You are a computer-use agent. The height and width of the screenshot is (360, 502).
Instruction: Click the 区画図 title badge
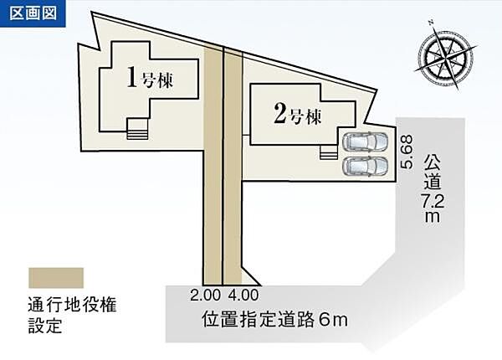33,13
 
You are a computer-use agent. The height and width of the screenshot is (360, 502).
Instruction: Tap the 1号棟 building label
150,79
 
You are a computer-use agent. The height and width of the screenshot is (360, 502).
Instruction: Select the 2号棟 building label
297,115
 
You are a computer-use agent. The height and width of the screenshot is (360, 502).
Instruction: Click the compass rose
445,57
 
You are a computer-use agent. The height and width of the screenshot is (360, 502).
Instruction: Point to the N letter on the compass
431,23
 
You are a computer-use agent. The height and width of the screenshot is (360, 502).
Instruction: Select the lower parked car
366,166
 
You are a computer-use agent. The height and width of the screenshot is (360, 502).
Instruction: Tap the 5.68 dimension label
407,152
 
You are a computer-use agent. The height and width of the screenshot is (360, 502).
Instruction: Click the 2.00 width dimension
205,295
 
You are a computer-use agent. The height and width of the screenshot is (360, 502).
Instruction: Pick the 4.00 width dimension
243,295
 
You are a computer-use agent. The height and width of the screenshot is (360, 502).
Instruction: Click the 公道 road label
432,173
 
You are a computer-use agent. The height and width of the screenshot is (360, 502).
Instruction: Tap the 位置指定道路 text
258,319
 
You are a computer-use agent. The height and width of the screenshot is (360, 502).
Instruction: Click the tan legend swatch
56,278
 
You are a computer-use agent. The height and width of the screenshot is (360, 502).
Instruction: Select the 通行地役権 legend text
72,305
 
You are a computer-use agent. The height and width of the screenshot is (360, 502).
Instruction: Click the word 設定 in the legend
45,325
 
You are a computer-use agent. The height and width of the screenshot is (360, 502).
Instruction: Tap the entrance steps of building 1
137,129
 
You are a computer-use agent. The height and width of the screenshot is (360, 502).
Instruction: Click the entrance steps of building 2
329,152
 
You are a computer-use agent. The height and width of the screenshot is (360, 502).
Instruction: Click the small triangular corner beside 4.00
249,276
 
